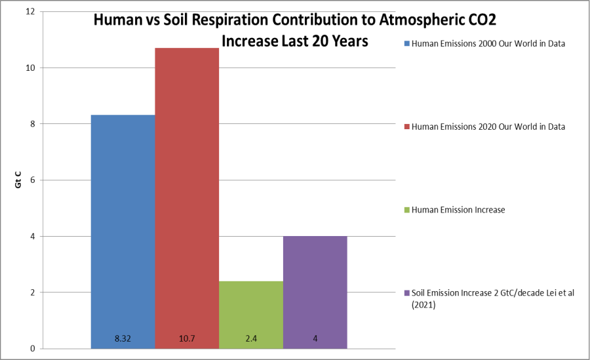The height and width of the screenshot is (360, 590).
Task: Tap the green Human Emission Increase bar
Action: coord(251,308)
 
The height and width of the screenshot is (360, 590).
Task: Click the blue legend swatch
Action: coord(407,44)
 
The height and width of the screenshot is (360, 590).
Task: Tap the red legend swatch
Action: coord(407,127)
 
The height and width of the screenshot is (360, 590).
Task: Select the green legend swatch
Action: coord(407,210)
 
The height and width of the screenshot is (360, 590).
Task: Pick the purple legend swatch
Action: coord(407,292)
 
